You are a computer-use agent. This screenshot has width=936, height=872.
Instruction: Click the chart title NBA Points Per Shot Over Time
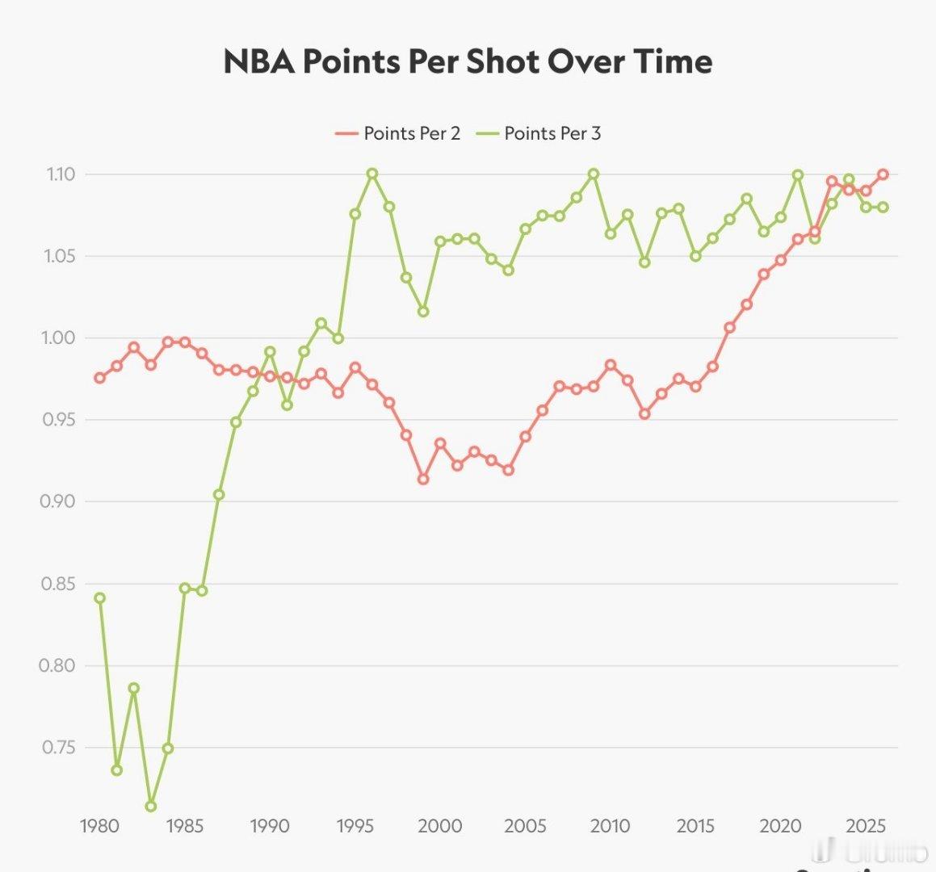[468, 62]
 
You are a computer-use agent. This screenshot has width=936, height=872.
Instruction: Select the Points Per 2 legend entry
[398, 133]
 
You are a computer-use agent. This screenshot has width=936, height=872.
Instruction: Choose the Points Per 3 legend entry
[539, 133]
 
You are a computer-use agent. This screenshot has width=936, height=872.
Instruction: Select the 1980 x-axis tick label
[100, 826]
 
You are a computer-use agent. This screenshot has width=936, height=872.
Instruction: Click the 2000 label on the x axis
[440, 826]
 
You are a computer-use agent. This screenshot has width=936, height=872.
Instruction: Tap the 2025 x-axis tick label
[866, 826]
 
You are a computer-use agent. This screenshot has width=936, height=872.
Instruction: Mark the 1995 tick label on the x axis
[355, 826]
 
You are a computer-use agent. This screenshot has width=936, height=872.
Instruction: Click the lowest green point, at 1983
[151, 806]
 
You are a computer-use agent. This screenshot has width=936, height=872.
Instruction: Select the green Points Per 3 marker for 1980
[100, 598]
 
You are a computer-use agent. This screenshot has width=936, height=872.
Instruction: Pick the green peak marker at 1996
[372, 174]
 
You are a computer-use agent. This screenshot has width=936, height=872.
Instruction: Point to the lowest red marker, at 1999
[423, 479]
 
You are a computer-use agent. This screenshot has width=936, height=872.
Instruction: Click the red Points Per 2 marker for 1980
[100, 378]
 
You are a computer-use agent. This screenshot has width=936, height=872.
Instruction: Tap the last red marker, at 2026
[883, 174]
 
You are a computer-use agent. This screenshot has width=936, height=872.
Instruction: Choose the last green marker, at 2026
[883, 207]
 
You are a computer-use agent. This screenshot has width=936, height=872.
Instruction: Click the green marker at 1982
[134, 689]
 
